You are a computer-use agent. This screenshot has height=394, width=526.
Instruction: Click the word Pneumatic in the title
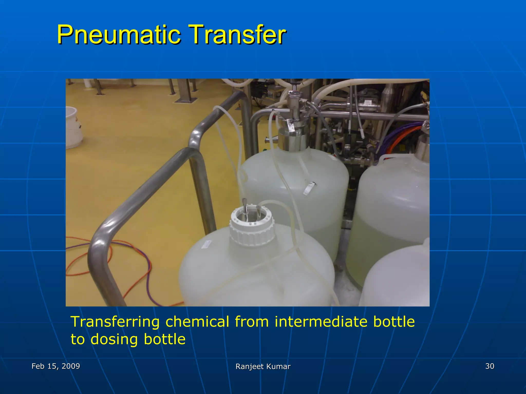pyautogui.click(x=119, y=35)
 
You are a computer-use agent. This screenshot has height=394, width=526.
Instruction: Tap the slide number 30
pyautogui.click(x=490, y=366)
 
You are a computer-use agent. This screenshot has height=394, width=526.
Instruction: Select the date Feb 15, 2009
pyautogui.click(x=56, y=366)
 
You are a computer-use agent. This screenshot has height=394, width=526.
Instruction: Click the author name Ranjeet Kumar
pyautogui.click(x=263, y=367)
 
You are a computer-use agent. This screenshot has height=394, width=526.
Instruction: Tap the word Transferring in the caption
pyautogui.click(x=115, y=322)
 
